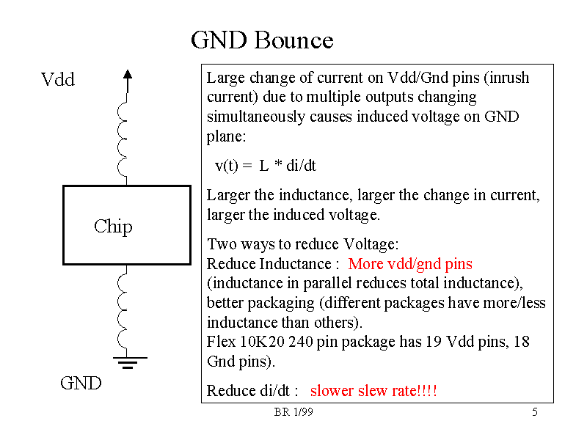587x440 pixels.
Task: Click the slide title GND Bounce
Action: pyautogui.click(x=262, y=40)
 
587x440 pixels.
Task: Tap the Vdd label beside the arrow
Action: pyautogui.click(x=58, y=80)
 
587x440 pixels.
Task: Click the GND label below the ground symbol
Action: pyautogui.click(x=81, y=384)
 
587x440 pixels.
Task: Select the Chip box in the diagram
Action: pyautogui.click(x=127, y=224)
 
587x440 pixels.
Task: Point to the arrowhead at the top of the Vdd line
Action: pyautogui.click(x=128, y=74)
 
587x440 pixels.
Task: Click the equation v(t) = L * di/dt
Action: pyautogui.click(x=265, y=166)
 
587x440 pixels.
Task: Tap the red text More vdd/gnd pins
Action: pyautogui.click(x=410, y=264)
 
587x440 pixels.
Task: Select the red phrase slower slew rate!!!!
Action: pyautogui.click(x=373, y=391)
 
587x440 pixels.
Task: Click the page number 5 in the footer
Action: pyautogui.click(x=535, y=413)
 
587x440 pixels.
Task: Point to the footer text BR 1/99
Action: pyautogui.click(x=293, y=413)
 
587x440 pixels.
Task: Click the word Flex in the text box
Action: pyautogui.click(x=221, y=342)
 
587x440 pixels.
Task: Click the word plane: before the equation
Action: pyautogui.click(x=226, y=136)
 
